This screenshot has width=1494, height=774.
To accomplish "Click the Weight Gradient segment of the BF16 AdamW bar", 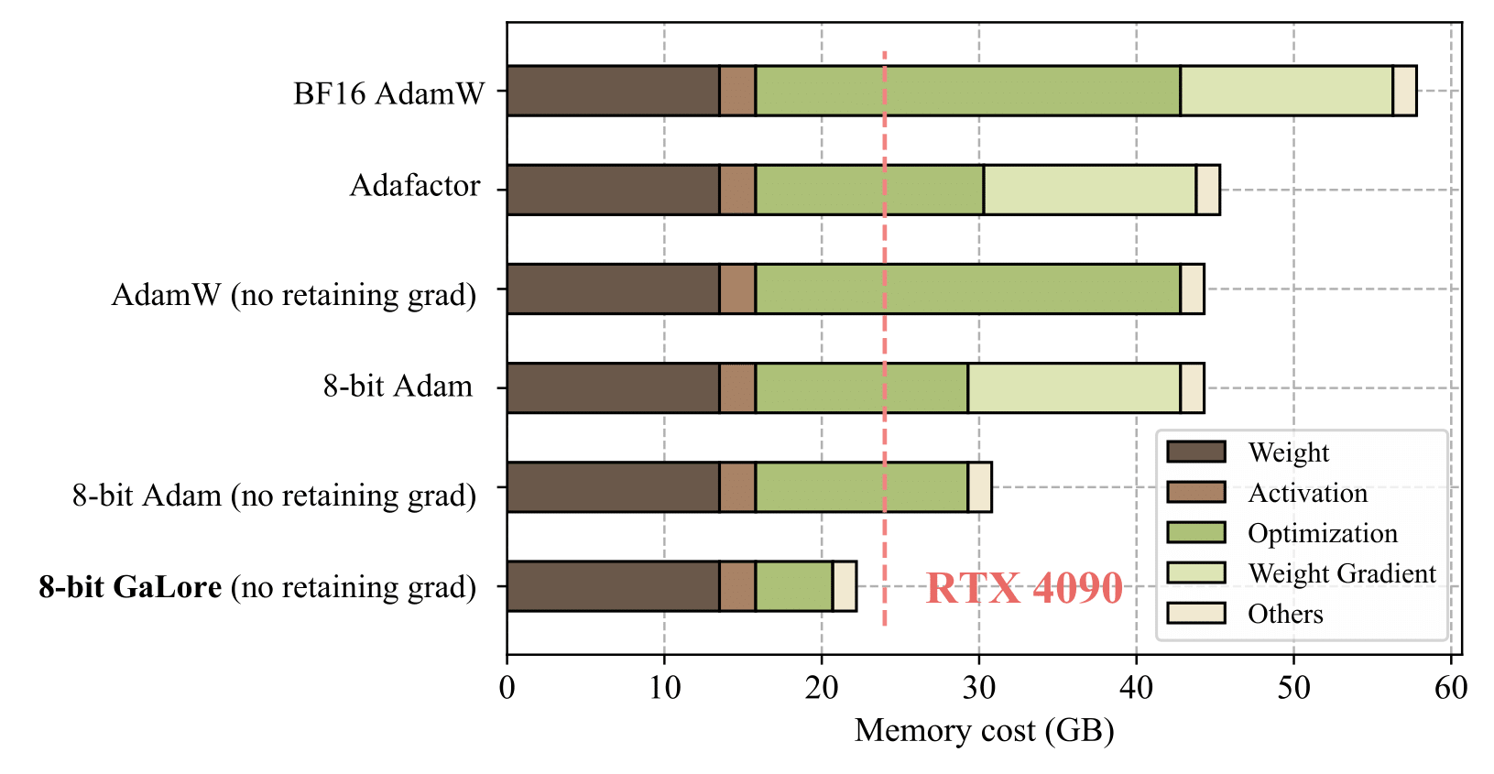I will [x=1286, y=91].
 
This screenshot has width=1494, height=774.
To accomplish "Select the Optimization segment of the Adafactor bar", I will [x=869, y=190].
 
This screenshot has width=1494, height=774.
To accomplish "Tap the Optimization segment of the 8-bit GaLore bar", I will [x=793, y=585].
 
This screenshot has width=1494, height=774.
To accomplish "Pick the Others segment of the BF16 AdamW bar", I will [x=1404, y=91].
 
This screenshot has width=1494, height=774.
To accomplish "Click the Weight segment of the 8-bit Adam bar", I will [x=613, y=387].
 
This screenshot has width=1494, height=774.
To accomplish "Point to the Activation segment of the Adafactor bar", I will [x=737, y=190].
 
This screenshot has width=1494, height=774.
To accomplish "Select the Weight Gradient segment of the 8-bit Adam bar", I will [x=1074, y=387].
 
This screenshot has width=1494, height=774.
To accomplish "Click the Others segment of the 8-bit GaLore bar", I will [x=845, y=585].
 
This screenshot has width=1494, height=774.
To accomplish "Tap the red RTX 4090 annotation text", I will [x=1024, y=588].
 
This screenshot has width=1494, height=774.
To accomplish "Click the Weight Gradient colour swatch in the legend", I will [x=1195, y=572].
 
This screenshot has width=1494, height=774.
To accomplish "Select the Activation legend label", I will [x=1307, y=493].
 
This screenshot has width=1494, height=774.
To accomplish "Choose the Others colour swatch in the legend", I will [x=1195, y=613].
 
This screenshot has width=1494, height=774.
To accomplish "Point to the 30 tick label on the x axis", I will [x=978, y=687].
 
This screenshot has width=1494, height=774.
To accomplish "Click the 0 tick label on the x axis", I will [x=507, y=687].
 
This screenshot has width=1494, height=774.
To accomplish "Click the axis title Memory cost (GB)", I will [x=984, y=731].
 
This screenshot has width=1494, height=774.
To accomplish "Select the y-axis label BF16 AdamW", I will [x=388, y=93].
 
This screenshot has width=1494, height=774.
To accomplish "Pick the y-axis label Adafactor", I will [x=415, y=186].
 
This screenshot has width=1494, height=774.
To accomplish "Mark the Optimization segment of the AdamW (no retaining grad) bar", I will [x=967, y=289].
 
